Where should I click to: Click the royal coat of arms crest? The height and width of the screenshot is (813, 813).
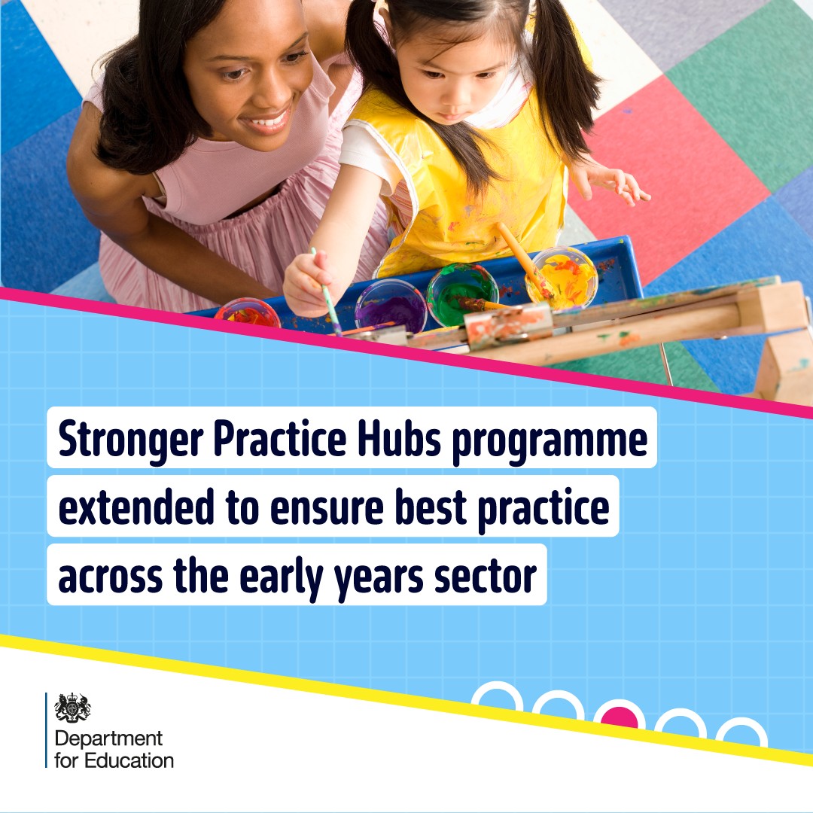pyautogui.click(x=73, y=708)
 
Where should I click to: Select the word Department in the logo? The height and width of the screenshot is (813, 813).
pyautogui.click(x=108, y=738)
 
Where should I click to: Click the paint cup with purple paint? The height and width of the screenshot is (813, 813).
pyautogui.click(x=391, y=306)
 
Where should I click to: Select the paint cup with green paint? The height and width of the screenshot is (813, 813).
pyautogui.click(x=462, y=293)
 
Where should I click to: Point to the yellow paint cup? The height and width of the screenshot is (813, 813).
pyautogui.click(x=562, y=276)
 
